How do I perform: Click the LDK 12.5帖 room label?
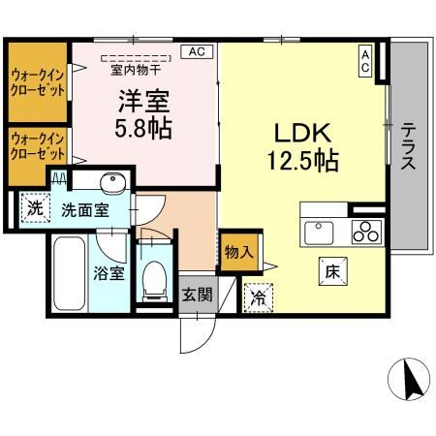click(302, 146)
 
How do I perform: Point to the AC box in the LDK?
click(365, 61)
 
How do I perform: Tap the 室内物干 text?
click(137, 70)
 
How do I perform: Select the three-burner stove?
click(366, 233)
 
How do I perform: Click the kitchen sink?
click(320, 233)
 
